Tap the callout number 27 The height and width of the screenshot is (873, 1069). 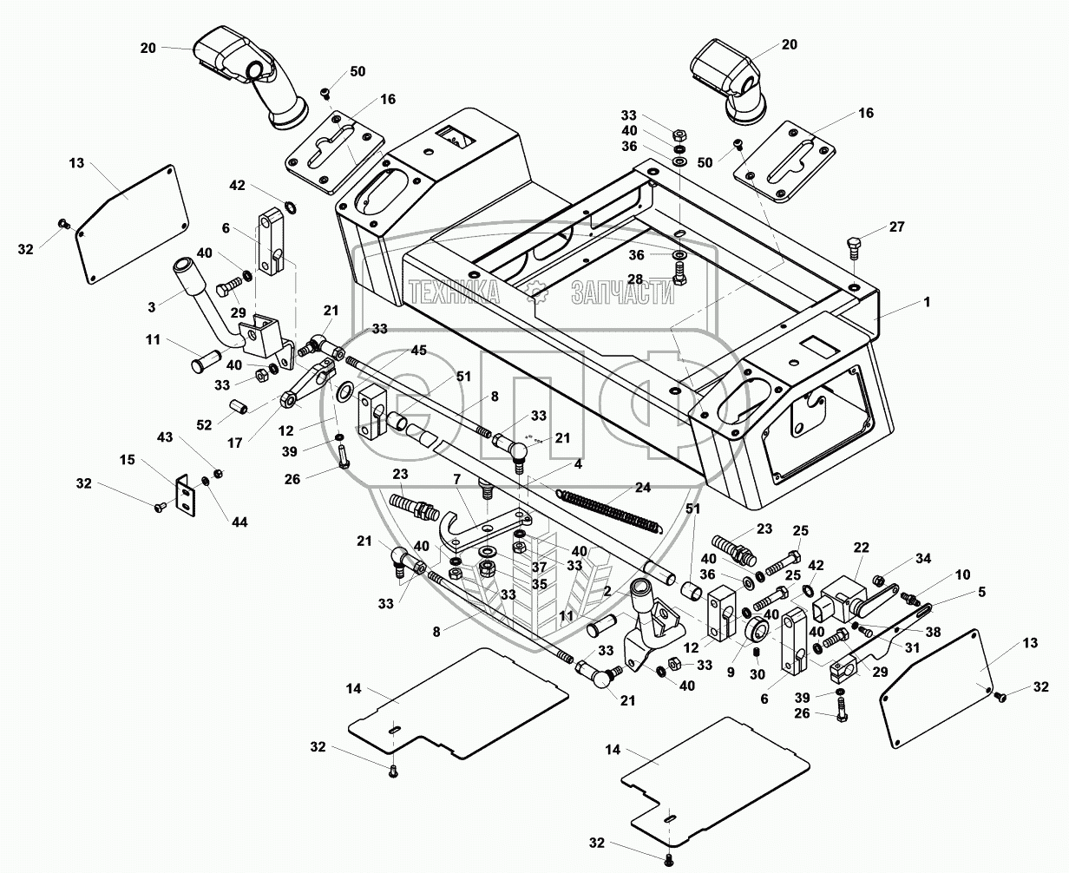[x=896, y=227]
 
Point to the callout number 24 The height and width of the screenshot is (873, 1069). [x=642, y=488]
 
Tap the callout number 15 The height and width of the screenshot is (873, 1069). [x=128, y=459]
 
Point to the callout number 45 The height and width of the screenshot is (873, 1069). [x=394, y=351]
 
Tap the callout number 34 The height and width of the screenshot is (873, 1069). [x=899, y=557]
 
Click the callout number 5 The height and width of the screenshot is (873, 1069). [x=957, y=593]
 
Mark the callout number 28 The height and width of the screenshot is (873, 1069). [x=635, y=279]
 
